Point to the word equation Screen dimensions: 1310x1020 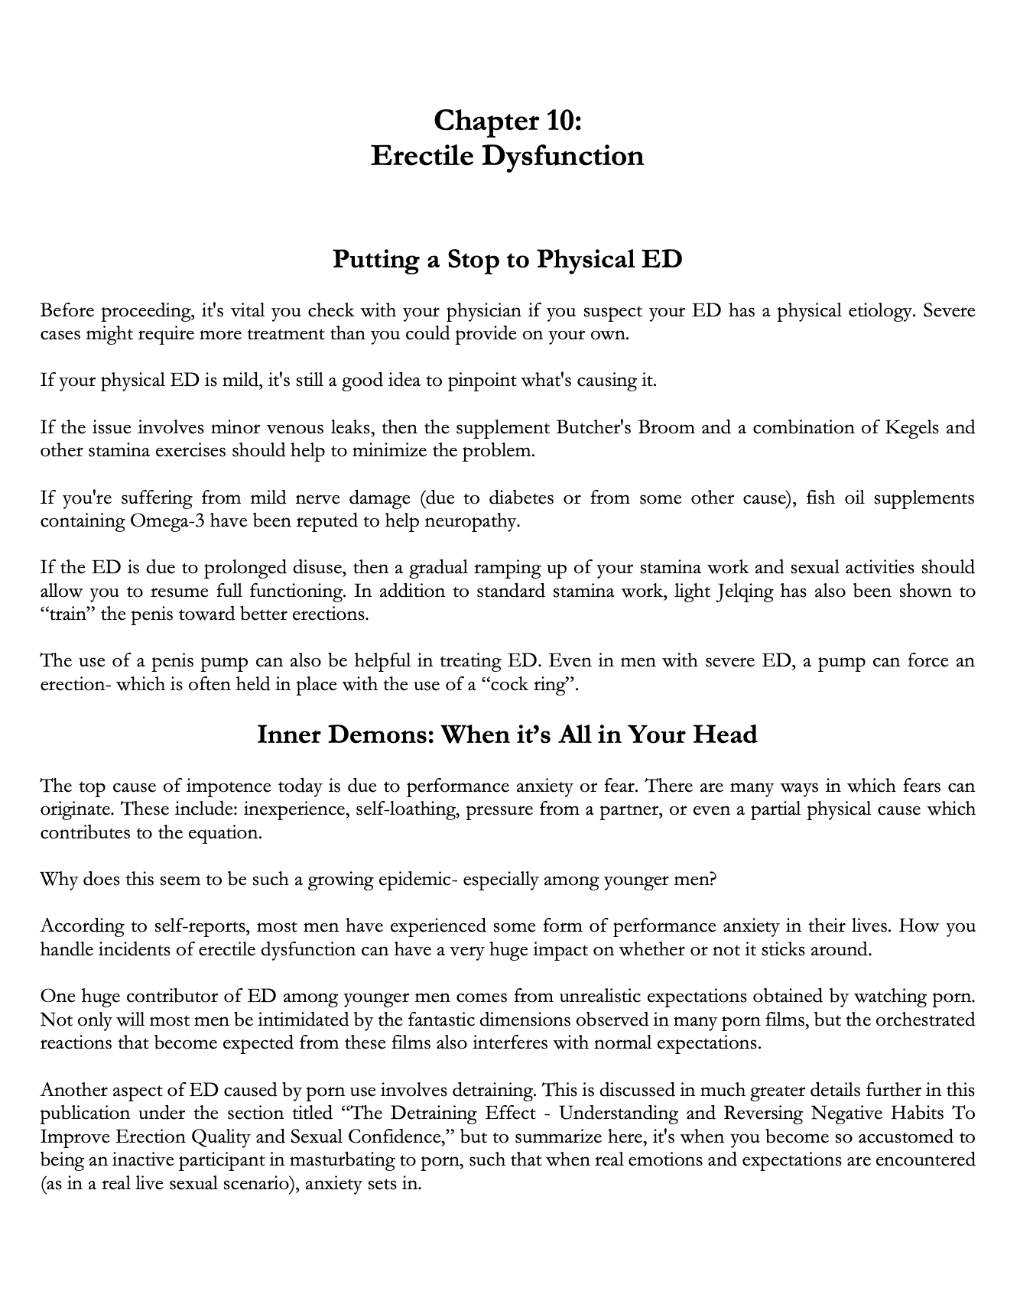click(x=229, y=833)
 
